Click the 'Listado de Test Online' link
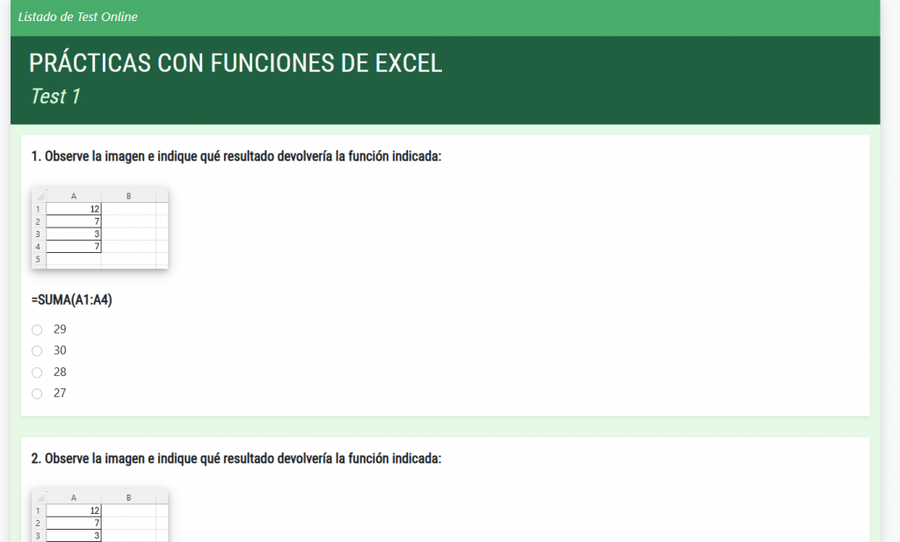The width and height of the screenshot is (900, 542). [77, 17]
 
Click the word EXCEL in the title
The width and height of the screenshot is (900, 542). [408, 63]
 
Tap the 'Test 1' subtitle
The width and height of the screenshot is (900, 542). [55, 97]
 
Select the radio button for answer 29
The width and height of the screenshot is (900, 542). [37, 329]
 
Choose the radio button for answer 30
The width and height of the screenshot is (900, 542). [37, 351]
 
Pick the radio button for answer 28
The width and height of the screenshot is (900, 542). [37, 372]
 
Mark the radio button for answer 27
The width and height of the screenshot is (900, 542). [37, 394]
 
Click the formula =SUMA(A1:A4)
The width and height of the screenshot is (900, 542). [72, 300]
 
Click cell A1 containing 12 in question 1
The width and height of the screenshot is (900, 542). [74, 209]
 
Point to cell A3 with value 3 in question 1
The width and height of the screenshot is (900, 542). [74, 234]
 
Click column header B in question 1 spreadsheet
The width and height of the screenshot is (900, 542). [128, 196]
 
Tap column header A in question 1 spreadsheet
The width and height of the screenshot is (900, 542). [74, 196]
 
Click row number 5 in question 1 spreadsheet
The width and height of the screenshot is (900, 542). [39, 259]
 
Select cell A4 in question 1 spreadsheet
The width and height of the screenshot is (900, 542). [74, 247]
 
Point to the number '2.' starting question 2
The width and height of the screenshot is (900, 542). [36, 459]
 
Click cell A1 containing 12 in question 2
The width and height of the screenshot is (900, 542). [74, 510]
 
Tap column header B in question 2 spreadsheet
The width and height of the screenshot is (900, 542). [128, 498]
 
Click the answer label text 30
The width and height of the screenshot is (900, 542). [60, 350]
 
